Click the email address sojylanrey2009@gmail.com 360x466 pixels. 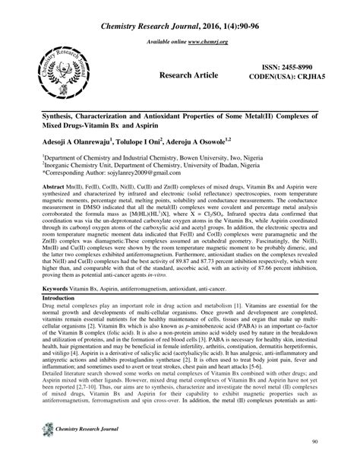134,173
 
